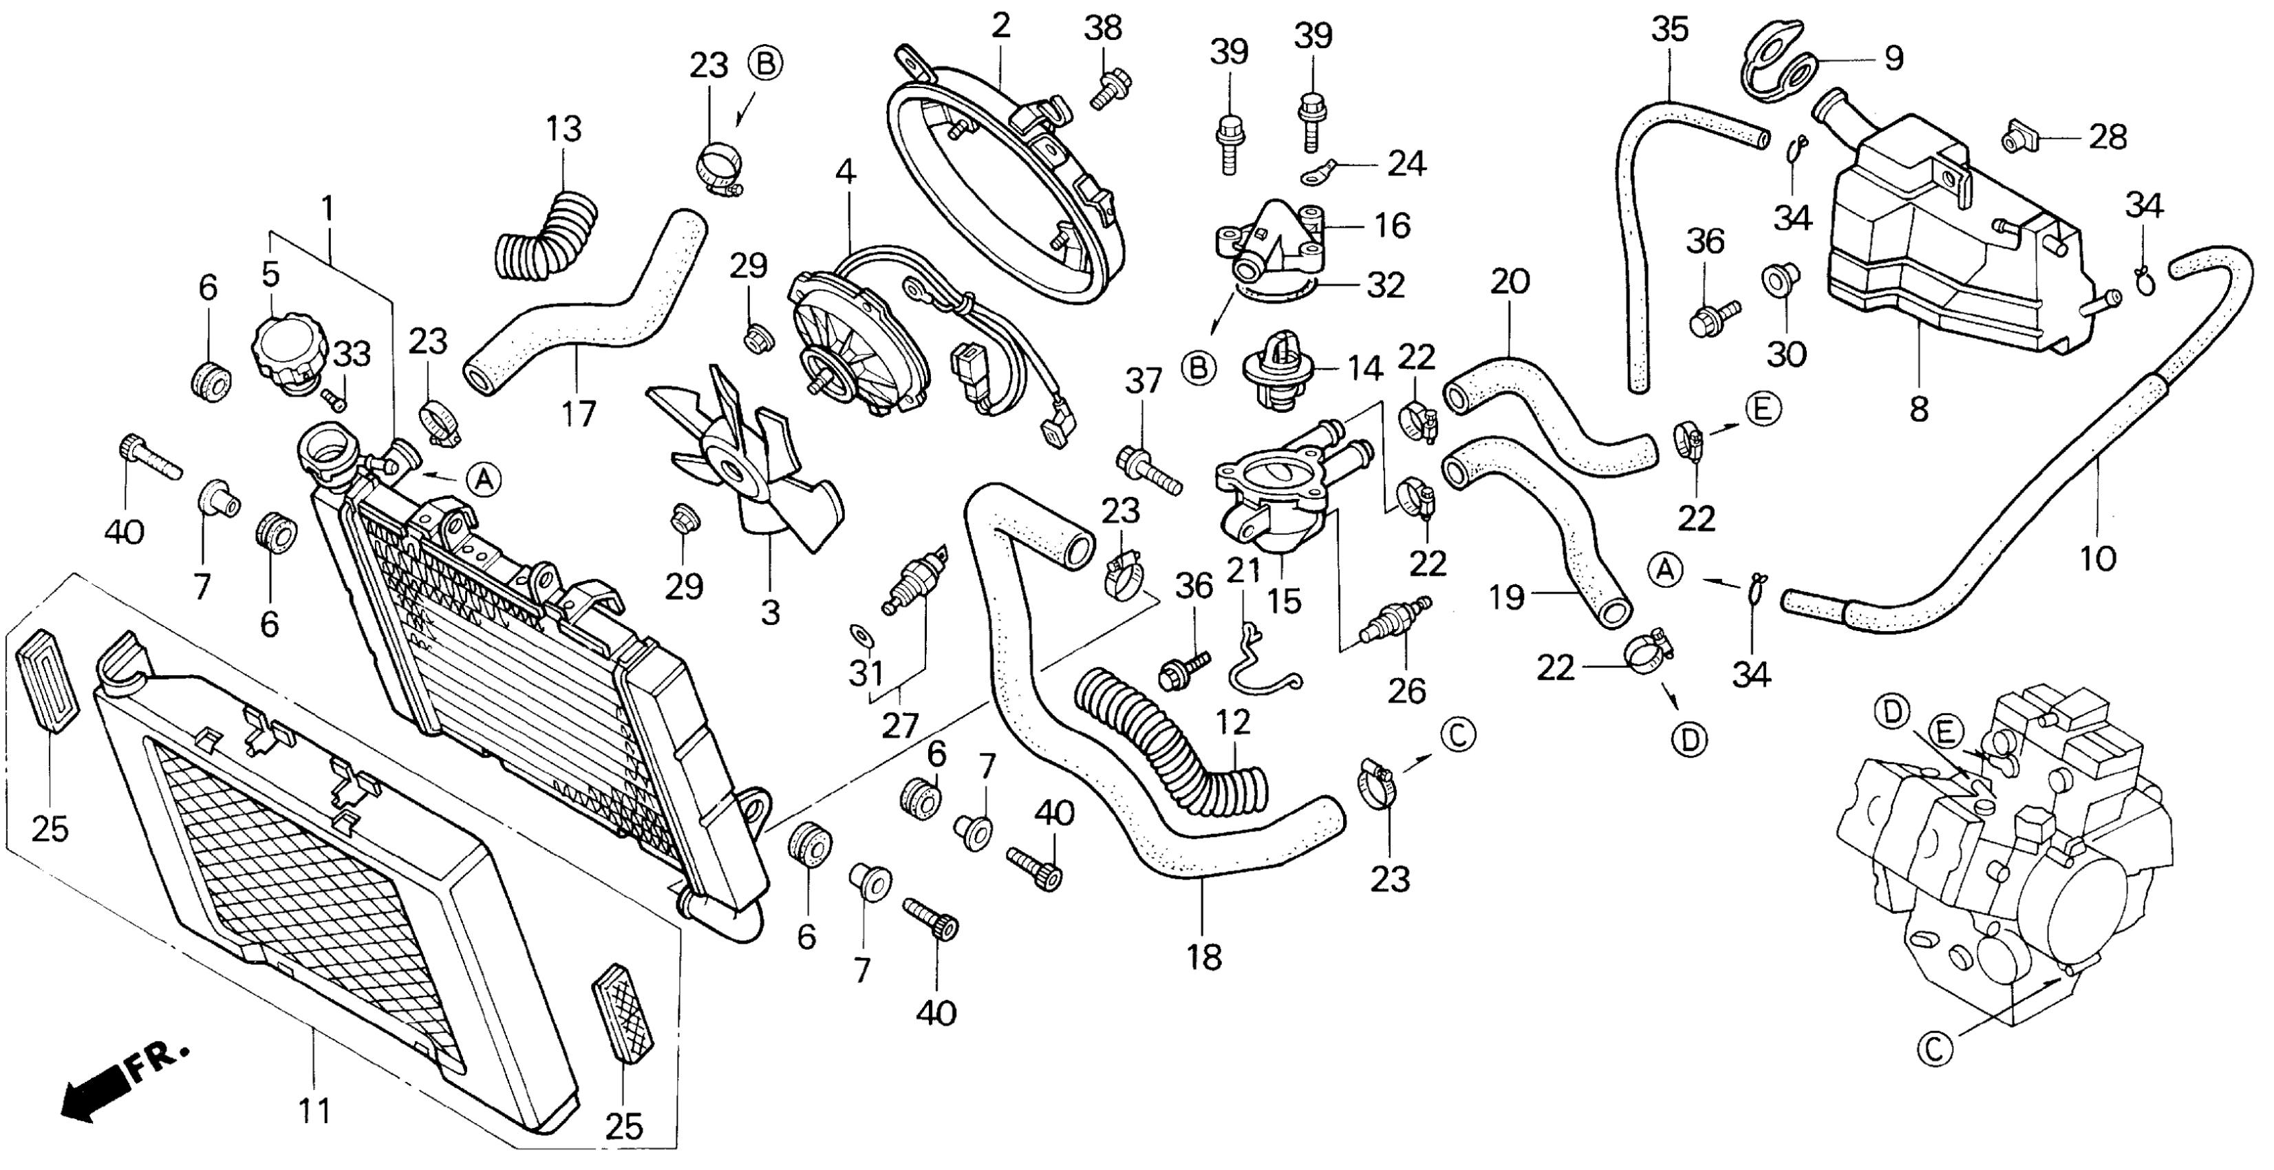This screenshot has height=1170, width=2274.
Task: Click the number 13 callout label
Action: [x=564, y=130]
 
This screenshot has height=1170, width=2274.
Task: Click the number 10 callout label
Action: [x=2097, y=558]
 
